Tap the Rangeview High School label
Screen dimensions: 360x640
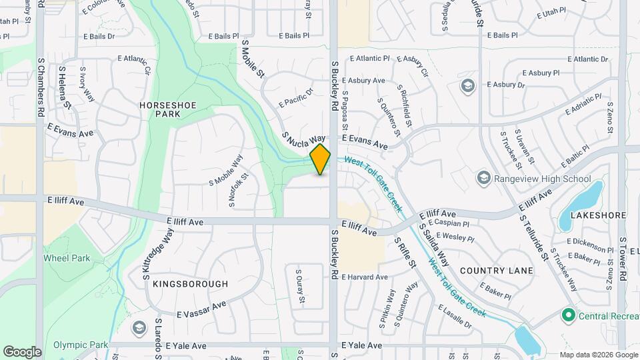click(x=541, y=179)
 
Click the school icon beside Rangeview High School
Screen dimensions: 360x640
click(x=483, y=178)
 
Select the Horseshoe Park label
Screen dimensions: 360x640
click(x=160, y=109)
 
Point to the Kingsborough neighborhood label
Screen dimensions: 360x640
click(x=190, y=284)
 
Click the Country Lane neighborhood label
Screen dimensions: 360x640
click(x=497, y=271)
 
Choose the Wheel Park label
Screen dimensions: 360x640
click(x=67, y=258)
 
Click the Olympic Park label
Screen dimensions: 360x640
click(x=80, y=345)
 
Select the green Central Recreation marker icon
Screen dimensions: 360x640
click(x=569, y=315)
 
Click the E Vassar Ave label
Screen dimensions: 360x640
click(x=202, y=309)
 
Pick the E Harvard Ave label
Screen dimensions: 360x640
click(x=364, y=277)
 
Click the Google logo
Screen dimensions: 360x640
click(x=22, y=351)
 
